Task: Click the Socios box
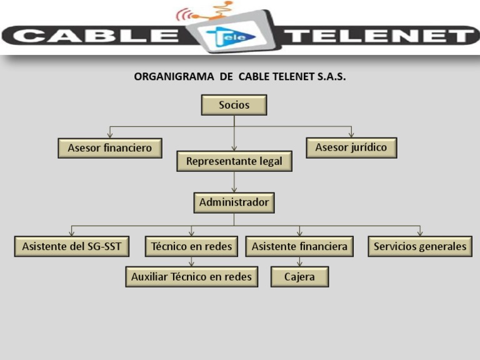coord(234,105)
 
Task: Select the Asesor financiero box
coord(110,148)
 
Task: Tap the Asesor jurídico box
coord(351,147)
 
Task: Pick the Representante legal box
coord(234,161)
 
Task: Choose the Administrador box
coord(234,202)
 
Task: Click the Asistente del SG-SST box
coord(71,246)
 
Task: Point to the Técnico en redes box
coord(191,246)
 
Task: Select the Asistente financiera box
coord(299,246)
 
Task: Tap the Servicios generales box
coord(419,246)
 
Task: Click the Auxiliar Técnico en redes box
coord(191,276)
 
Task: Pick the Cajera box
coord(299,276)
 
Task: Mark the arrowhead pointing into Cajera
coord(299,264)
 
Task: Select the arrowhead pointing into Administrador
coord(234,190)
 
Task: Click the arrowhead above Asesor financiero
coord(110,135)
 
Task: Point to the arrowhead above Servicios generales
coord(419,233)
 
